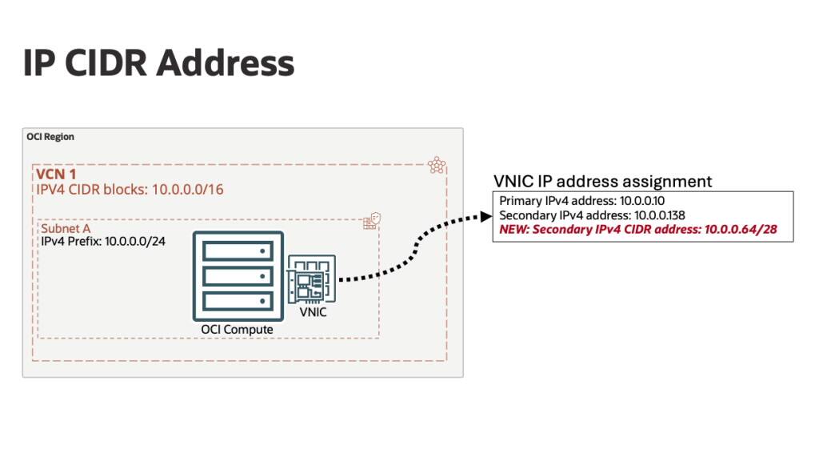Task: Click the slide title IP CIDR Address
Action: click(158, 63)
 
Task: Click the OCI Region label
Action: click(50, 137)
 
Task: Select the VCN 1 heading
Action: click(61, 174)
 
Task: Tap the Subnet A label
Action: click(66, 229)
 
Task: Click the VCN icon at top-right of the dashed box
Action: click(437, 165)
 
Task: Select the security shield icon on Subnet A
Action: click(370, 222)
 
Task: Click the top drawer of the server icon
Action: click(238, 251)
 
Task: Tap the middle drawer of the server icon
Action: click(238, 277)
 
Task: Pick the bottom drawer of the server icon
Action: click(238, 302)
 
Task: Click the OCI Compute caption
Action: click(237, 330)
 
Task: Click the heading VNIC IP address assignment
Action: click(603, 182)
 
